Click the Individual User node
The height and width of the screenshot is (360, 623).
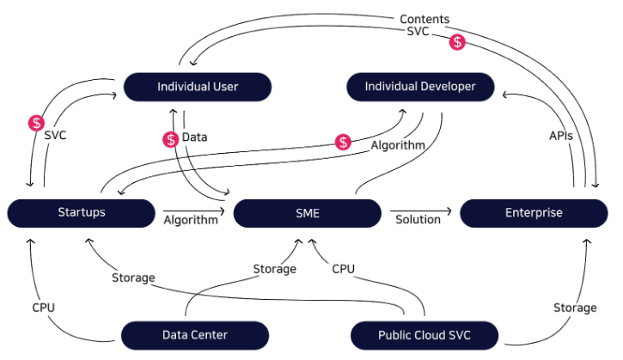pyautogui.click(x=198, y=87)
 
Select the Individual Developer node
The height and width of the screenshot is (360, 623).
pyautogui.click(x=420, y=87)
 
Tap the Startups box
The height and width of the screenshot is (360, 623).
pyautogui.click(x=82, y=212)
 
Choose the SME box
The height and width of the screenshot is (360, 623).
pyautogui.click(x=307, y=212)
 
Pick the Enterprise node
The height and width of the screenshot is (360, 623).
pyautogui.click(x=534, y=212)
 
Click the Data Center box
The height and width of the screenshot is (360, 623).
pyautogui.click(x=195, y=334)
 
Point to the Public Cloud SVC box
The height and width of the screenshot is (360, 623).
pyautogui.click(x=424, y=334)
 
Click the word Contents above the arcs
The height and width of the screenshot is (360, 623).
pyautogui.click(x=424, y=19)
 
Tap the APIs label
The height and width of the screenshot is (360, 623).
pyautogui.click(x=561, y=136)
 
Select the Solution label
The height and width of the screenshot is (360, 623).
pyautogui.click(x=418, y=219)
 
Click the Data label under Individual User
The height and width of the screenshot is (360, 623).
pyautogui.click(x=194, y=137)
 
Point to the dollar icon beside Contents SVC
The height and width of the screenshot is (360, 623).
pyautogui.click(x=459, y=40)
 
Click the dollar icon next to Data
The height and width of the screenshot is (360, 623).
pyautogui.click(x=169, y=137)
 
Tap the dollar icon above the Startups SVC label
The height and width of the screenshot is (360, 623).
pyautogui.click(x=36, y=122)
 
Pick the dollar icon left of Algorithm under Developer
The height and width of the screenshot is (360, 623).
pyautogui.click(x=344, y=142)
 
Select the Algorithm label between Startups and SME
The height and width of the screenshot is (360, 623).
pyautogui.click(x=191, y=219)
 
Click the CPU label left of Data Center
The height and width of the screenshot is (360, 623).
pyautogui.click(x=44, y=306)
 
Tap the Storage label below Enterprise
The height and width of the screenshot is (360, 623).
pyautogui.click(x=575, y=308)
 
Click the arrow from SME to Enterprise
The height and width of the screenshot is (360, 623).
pyautogui.click(x=421, y=210)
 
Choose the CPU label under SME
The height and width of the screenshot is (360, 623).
pyautogui.click(x=344, y=269)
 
